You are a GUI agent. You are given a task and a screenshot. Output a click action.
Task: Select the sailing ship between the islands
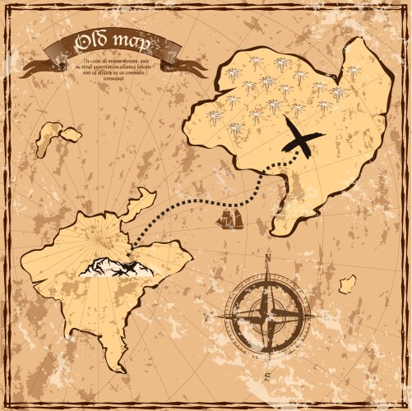coord(229,218)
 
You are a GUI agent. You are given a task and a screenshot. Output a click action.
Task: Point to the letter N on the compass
coord(267,257)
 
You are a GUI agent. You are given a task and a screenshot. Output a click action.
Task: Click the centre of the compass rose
coord(267,315)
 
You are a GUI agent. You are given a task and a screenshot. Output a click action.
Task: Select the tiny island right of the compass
coord(348,284)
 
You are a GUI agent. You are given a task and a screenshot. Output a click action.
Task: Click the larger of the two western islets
coord(49,138)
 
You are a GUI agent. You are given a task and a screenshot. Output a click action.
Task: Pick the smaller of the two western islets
coord(72,133)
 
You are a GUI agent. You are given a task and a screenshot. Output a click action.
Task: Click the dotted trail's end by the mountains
coord(133,245)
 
